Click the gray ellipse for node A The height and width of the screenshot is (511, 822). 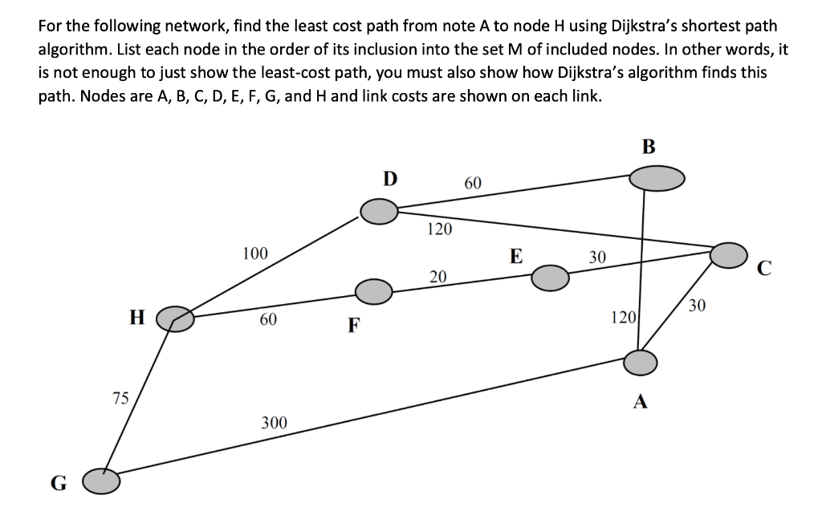click(641, 362)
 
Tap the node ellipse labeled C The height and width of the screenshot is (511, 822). click(729, 254)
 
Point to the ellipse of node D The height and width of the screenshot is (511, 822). click(379, 212)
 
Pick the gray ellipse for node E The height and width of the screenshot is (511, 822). click(550, 278)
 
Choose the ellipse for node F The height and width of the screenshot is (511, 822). click(373, 291)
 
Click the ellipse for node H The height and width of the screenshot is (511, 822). click(175, 319)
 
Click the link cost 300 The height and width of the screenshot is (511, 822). click(275, 423)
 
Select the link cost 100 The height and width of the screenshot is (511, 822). click(255, 254)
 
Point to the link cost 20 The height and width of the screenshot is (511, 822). click(437, 278)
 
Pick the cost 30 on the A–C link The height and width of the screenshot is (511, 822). click(697, 305)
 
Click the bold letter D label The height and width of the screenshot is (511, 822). click(389, 177)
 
